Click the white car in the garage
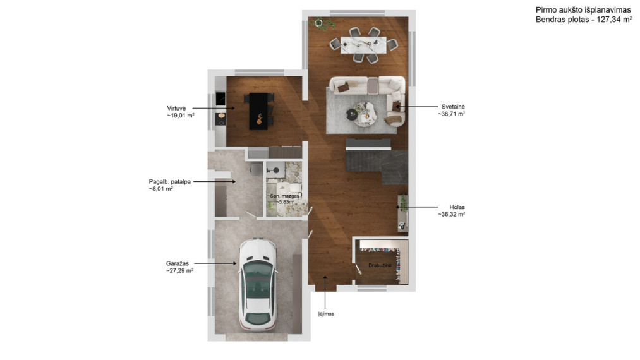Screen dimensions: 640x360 tap(258, 284)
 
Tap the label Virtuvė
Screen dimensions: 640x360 tap(176, 108)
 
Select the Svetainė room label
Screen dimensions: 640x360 tap(453, 107)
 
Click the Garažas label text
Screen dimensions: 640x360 tap(177, 263)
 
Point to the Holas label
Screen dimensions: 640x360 tap(457, 207)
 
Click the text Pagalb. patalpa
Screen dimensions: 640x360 tap(170, 182)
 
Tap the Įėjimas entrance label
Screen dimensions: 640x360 tap(326, 314)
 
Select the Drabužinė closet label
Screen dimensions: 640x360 tap(380, 265)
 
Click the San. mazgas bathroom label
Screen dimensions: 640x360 tap(284, 196)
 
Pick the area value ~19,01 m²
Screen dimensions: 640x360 tap(181, 116)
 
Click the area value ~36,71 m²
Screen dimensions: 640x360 tap(452, 114)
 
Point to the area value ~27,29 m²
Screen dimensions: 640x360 tap(179, 270)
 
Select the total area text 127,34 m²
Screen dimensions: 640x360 tap(614, 20)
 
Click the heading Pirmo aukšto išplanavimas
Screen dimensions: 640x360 tap(583, 10)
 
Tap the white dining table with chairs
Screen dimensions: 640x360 tap(363, 45)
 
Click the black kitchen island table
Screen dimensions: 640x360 tap(259, 111)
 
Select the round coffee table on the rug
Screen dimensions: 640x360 tap(365, 114)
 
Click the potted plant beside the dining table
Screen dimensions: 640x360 tap(323, 24)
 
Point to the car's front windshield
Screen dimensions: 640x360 tap(258, 271)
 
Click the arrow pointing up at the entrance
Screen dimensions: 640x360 tap(325, 292)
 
